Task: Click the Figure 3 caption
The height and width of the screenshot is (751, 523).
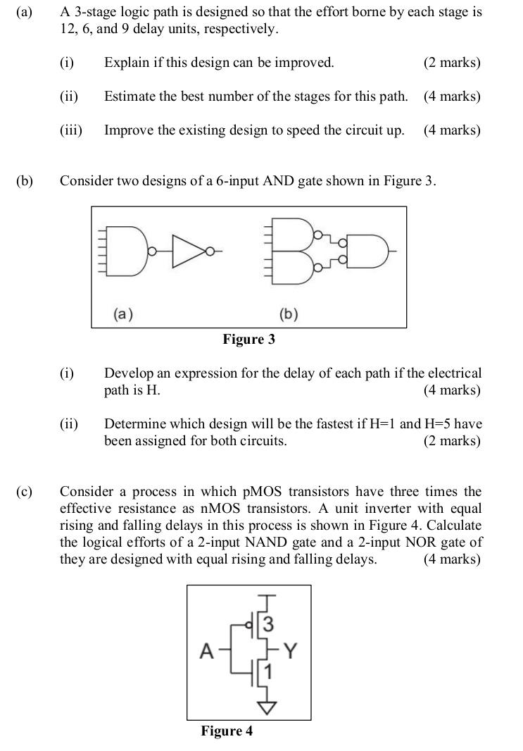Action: pyautogui.click(x=248, y=340)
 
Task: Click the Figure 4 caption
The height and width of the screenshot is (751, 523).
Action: pyautogui.click(x=227, y=731)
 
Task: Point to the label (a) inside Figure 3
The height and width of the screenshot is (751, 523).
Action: pyautogui.click(x=122, y=314)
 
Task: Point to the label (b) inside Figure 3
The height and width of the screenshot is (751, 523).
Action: pyautogui.click(x=289, y=314)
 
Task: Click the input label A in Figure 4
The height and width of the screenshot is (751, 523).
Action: pyautogui.click(x=206, y=652)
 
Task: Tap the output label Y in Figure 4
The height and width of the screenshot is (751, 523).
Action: pyautogui.click(x=291, y=652)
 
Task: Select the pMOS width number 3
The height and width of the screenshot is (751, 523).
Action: pyautogui.click(x=268, y=624)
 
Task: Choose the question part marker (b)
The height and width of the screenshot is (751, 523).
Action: pyautogui.click(x=25, y=181)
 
